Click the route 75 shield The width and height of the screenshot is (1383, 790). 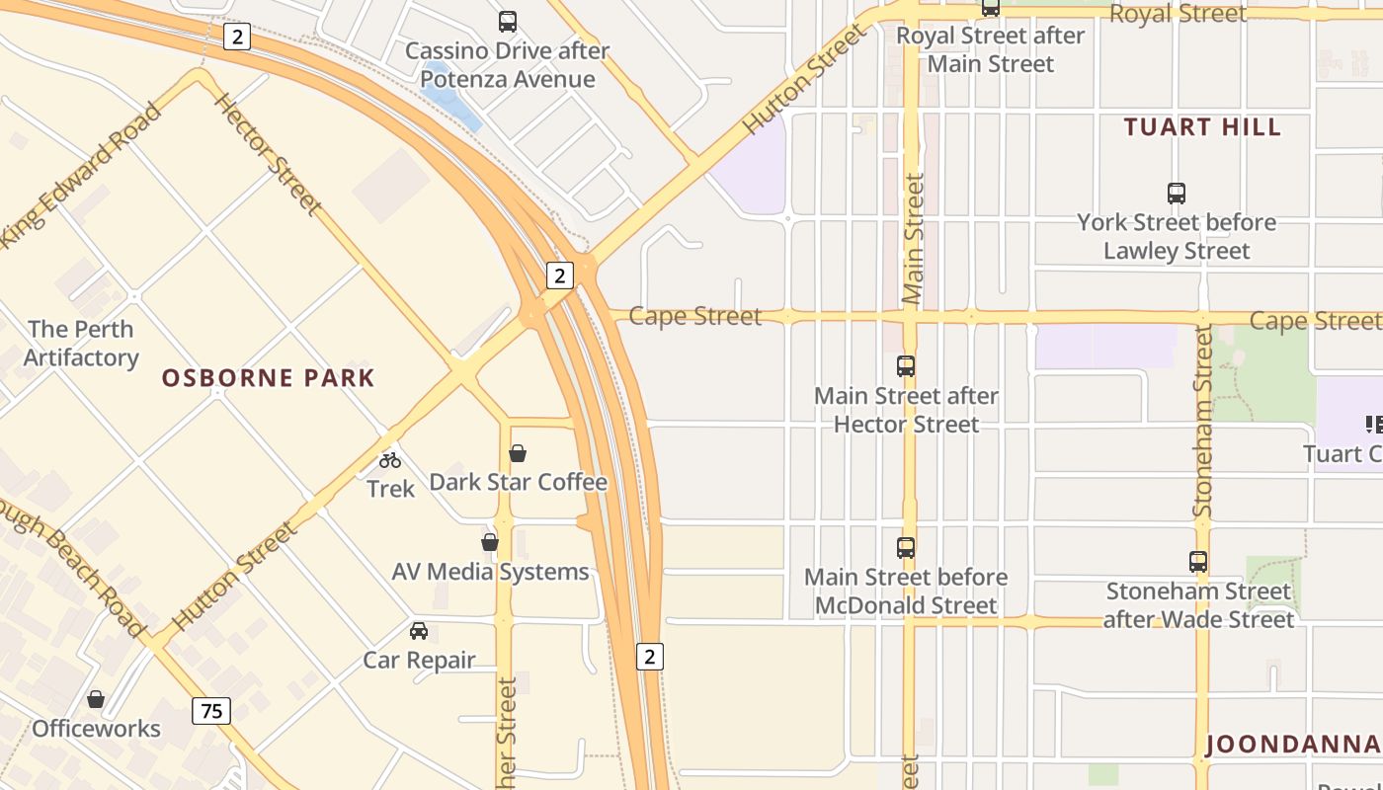(x=211, y=710)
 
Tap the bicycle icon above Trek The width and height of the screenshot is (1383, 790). (x=390, y=459)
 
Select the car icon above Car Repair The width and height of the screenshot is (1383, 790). (x=419, y=630)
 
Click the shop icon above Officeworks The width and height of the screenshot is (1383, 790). (x=96, y=699)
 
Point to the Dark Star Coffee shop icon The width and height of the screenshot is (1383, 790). (x=517, y=453)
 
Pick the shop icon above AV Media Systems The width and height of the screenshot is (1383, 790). (x=490, y=542)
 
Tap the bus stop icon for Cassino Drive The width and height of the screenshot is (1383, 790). (x=508, y=22)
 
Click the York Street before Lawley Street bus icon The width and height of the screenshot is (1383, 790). (x=1176, y=194)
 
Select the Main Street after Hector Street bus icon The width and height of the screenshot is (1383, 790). (x=906, y=366)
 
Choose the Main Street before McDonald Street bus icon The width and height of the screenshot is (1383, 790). (x=906, y=547)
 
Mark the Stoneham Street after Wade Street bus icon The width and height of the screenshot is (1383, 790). (x=1198, y=562)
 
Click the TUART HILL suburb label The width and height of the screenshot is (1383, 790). (x=1202, y=127)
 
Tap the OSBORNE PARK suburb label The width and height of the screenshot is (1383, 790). (x=269, y=378)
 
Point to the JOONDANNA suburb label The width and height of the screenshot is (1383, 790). (x=1292, y=745)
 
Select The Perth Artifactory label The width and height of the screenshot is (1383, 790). (x=81, y=344)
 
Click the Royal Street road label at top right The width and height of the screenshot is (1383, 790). (x=1178, y=14)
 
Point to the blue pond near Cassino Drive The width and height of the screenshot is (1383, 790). (x=449, y=95)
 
